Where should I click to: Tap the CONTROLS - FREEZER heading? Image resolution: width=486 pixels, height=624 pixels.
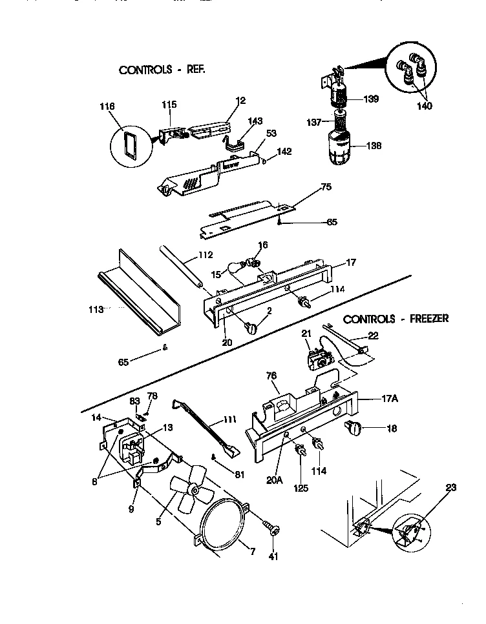tap(396, 319)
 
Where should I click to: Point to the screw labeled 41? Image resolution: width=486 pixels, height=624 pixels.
tap(272, 528)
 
